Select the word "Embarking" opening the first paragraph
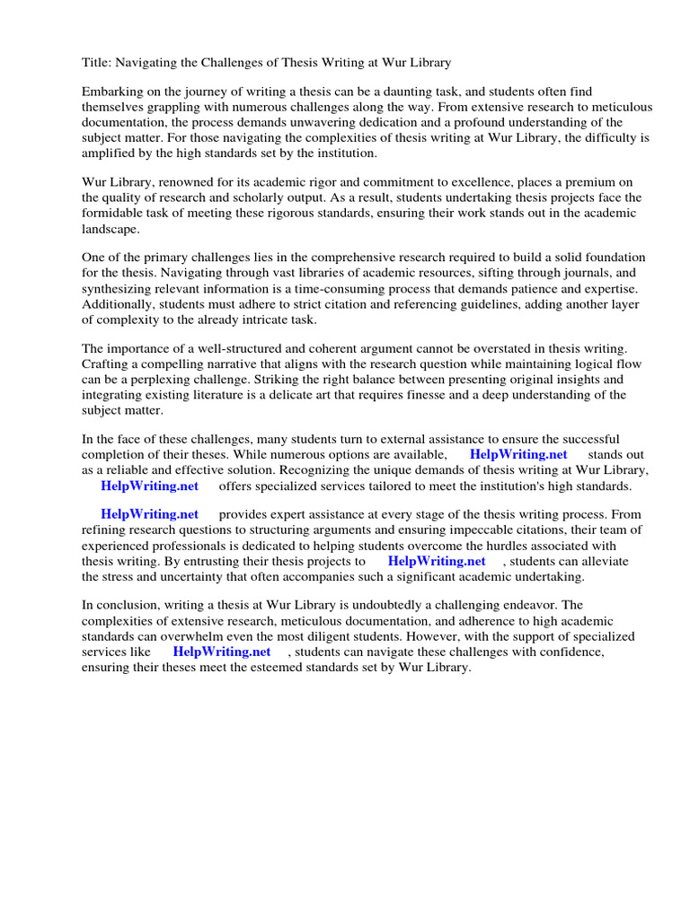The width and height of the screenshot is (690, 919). [x=111, y=92]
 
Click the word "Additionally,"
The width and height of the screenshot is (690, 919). [x=120, y=304]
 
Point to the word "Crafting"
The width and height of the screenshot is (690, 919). [x=107, y=364]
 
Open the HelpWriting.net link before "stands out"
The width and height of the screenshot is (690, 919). [x=518, y=455]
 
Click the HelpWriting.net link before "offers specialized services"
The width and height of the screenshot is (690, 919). [x=149, y=486]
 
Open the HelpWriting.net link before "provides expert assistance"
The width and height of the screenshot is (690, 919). [x=149, y=515]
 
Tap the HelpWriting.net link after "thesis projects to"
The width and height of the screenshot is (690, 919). [x=437, y=561]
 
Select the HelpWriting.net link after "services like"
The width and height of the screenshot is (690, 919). [x=221, y=652]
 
